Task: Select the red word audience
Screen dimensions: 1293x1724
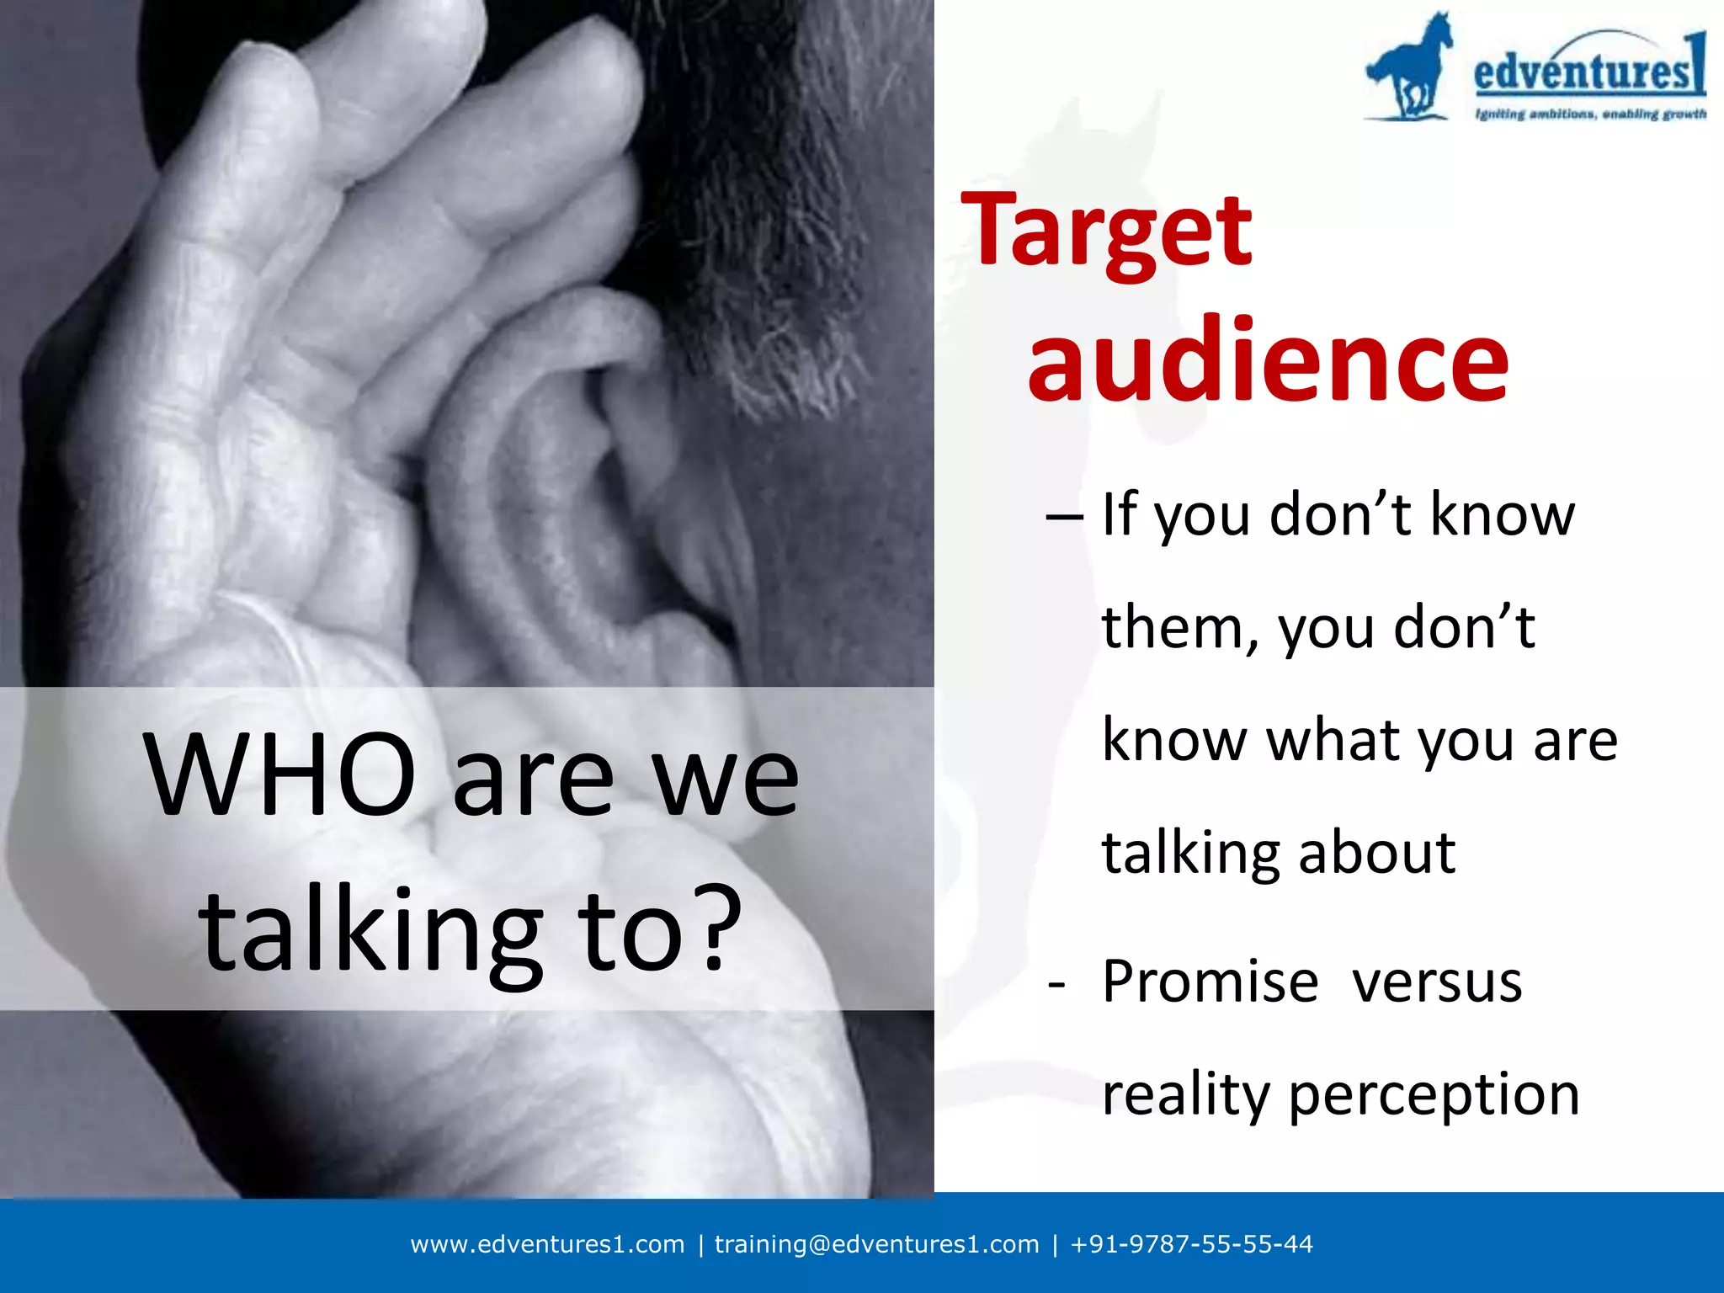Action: (1268, 360)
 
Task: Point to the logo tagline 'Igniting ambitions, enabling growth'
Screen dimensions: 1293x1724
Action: (1590, 114)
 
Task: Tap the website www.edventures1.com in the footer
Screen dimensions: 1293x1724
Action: (547, 1244)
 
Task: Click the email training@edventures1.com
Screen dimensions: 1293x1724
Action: (876, 1244)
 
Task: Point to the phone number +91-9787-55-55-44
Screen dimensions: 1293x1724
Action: (1191, 1244)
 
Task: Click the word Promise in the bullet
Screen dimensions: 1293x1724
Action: (1211, 982)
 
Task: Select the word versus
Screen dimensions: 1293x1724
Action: (1437, 982)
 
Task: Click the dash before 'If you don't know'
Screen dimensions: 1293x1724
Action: (1064, 515)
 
